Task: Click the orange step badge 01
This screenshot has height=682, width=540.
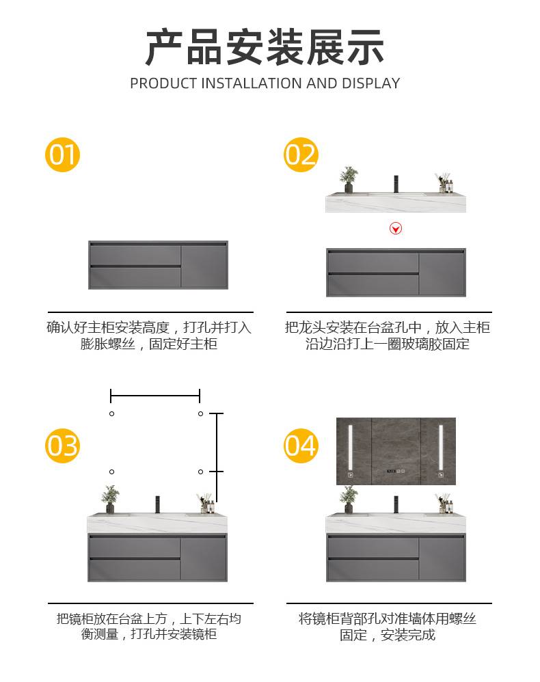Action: (x=63, y=155)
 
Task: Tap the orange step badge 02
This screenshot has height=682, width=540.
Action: (x=301, y=155)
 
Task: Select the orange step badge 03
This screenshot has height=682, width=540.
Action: (x=63, y=446)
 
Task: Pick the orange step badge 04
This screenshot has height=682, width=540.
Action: (x=301, y=446)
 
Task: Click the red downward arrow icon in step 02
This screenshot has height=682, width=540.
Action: (x=396, y=228)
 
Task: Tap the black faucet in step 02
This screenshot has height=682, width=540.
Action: (x=396, y=184)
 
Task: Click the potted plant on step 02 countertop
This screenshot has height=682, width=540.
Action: (x=349, y=180)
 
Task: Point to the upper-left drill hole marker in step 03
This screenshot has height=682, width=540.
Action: (x=112, y=413)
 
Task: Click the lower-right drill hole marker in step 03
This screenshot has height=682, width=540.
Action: (x=200, y=472)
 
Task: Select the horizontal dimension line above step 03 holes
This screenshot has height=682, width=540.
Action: (x=155, y=396)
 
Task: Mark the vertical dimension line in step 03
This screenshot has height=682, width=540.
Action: (x=217, y=457)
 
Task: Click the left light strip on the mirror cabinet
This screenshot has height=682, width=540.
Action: (x=350, y=448)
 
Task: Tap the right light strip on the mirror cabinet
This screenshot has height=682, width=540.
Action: (x=441, y=448)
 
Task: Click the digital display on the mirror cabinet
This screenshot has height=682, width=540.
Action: (x=396, y=471)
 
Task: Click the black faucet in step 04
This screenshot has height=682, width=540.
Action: (x=396, y=504)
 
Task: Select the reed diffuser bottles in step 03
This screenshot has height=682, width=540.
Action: (x=206, y=504)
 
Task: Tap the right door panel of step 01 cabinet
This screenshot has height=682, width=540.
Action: (x=204, y=266)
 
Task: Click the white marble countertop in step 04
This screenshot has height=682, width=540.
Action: (x=396, y=523)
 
